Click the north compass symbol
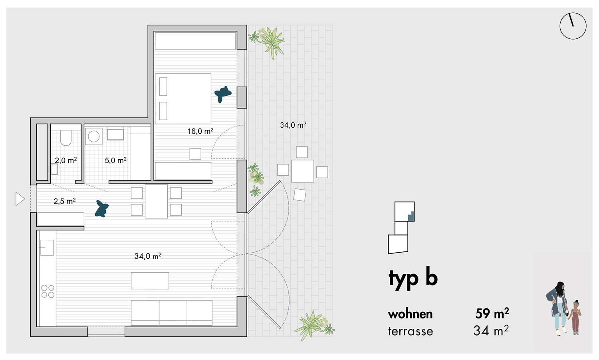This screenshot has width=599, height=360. coord(573,26)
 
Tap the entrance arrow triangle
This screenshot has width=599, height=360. coord(20,199)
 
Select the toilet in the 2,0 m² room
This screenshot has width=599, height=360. coord(66,138)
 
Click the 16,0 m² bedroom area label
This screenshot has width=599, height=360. coord(200,131)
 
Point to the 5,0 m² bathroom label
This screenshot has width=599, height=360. coord(115,160)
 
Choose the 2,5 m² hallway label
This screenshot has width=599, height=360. coord(64,201)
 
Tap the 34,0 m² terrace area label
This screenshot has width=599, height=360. coord(293,125)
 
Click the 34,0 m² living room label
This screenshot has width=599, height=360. coord(148,256)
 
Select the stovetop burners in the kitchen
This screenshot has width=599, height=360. coord(48,291)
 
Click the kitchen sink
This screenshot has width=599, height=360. coord(47,247)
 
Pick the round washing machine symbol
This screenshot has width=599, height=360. coord(93,136)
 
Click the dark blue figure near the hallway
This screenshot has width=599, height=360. coord(101,209)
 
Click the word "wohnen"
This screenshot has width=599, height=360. coord(410,314)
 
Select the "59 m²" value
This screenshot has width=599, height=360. coord(492,313)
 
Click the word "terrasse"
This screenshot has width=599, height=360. coord(411,331)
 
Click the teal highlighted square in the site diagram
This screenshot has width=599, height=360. coord(411,216)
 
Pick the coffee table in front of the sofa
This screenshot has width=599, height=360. coord(150,281)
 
